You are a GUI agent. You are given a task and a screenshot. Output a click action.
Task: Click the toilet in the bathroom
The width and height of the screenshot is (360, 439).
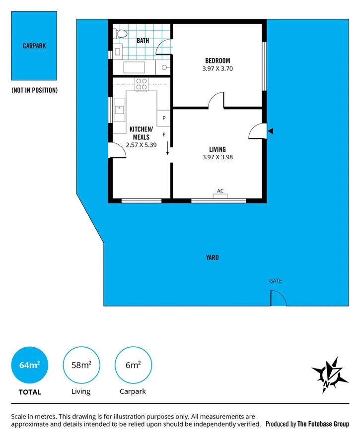[120, 34]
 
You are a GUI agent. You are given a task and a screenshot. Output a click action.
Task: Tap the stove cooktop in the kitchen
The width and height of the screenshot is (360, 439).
[141, 84]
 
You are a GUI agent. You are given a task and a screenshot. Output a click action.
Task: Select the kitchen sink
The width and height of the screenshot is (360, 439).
[120, 109]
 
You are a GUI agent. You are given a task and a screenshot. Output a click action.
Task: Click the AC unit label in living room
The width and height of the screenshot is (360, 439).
[220, 190]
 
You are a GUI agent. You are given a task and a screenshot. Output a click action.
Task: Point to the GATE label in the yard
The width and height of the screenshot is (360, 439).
[276, 281]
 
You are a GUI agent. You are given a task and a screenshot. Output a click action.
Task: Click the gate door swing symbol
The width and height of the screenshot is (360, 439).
[278, 299]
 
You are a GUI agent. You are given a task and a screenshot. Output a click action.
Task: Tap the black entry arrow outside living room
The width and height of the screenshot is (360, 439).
[270, 131]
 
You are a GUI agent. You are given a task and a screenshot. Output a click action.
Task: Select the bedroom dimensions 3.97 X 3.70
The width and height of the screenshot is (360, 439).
[217, 69]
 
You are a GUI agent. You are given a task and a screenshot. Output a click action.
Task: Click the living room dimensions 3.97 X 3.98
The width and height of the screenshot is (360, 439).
[217, 157]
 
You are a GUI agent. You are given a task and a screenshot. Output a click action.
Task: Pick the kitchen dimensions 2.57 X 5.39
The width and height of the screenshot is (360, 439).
[141, 145]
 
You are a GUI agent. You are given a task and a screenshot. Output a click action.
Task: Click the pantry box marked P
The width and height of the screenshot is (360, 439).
[164, 118]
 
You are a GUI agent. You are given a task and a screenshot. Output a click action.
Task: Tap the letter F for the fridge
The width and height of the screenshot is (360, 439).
[164, 134]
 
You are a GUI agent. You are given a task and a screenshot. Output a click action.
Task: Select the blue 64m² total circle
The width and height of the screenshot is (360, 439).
[30, 366]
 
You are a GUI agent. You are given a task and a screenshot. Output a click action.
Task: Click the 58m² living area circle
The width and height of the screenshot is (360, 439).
[81, 366]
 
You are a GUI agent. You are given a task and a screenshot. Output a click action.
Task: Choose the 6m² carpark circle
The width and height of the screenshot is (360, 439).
[133, 366]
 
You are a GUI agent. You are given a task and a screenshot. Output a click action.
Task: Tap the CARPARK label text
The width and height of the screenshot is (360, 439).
[35, 46]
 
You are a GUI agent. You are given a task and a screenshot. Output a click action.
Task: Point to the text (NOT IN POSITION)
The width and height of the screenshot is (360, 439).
[35, 90]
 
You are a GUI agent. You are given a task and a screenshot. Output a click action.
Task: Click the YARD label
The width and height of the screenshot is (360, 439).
[213, 257]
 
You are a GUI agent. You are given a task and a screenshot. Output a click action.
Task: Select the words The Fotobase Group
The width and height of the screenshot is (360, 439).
[323, 424]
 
